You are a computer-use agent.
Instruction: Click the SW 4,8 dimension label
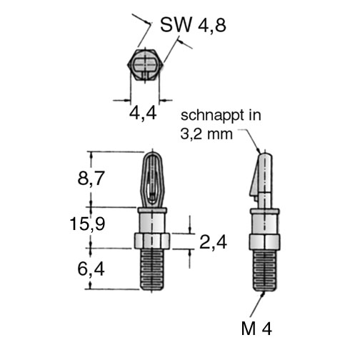click(193, 25)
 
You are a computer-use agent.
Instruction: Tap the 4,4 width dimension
click(143, 113)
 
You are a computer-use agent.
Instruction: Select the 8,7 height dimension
click(91, 179)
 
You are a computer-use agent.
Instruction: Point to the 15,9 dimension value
click(87, 224)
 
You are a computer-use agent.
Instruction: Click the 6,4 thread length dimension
click(91, 269)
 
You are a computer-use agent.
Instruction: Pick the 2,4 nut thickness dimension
click(213, 242)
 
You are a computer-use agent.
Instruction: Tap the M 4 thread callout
click(256, 329)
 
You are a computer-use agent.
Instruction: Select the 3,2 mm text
click(206, 134)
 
